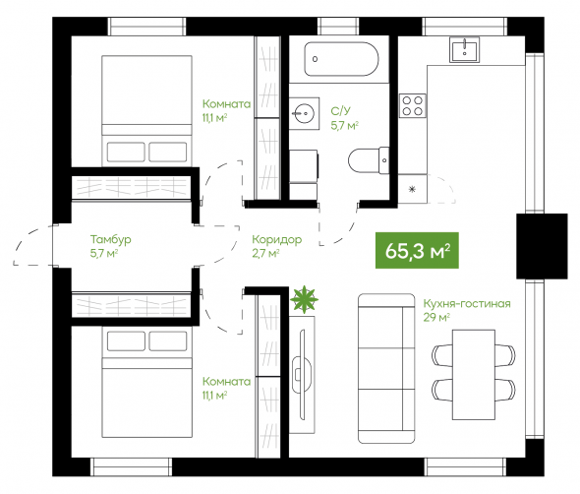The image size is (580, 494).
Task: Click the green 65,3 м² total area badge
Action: click(x=417, y=250)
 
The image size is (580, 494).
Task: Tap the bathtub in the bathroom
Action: click(x=341, y=59)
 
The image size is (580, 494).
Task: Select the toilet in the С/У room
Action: click(x=369, y=160)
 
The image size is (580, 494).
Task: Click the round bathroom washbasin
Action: click(x=304, y=113)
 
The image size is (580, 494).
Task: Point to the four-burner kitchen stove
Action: click(x=413, y=105)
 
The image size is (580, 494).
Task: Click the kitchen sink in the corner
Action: click(x=464, y=49)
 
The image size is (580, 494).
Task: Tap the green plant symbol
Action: click(x=304, y=299)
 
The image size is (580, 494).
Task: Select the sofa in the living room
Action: click(x=386, y=368)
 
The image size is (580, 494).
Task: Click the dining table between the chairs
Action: click(x=474, y=375)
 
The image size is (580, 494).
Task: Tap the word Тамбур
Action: click(x=111, y=240)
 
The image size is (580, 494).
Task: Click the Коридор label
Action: click(x=276, y=240)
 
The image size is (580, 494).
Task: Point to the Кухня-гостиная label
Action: click(x=467, y=304)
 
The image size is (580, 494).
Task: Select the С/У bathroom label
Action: click(x=340, y=111)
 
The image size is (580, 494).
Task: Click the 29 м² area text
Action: click(x=436, y=317)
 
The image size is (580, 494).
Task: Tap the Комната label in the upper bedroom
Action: click(x=226, y=103)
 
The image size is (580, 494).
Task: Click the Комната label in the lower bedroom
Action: click(x=226, y=382)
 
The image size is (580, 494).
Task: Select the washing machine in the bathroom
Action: click(x=304, y=165)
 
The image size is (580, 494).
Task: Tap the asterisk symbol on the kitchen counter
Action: click(x=412, y=189)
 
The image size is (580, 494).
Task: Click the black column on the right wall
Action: click(x=542, y=246)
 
